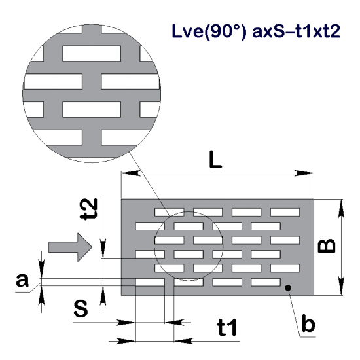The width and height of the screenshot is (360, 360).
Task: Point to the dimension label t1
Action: click(226, 329)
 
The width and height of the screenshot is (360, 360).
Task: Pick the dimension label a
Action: click(22, 282)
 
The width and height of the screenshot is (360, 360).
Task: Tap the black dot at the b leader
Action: click(286, 286)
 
